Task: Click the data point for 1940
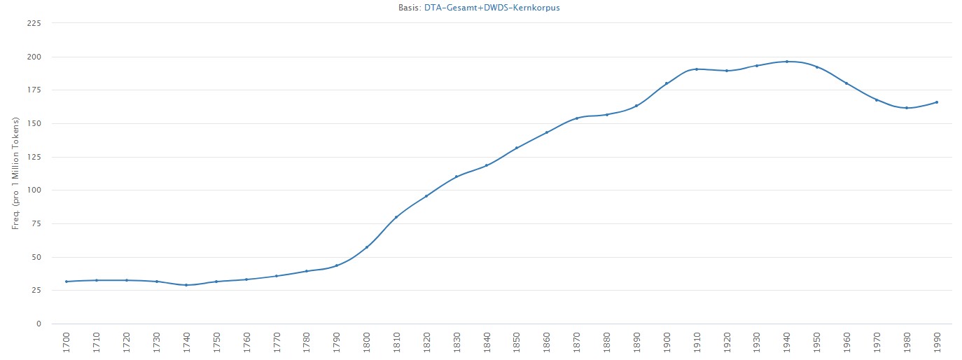[786, 62]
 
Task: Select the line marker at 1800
[366, 247]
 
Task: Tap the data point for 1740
[186, 285]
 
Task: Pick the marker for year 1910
[696, 69]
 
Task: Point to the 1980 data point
[906, 108]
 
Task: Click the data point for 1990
[936, 102]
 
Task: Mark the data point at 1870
[576, 118]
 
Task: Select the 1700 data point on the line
[67, 282]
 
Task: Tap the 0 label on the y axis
[39, 324]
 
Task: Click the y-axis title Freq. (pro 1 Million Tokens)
[15, 173]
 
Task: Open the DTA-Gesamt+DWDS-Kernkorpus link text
[492, 8]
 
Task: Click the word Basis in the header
[409, 8]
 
